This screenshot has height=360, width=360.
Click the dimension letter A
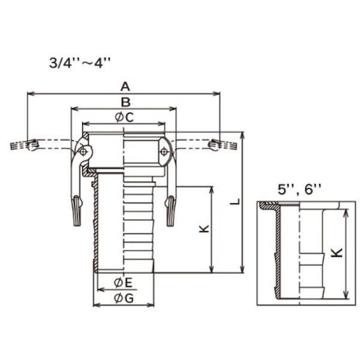(x=125, y=87)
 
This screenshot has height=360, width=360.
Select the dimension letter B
(x=126, y=102)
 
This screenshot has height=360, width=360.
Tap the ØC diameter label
(x=124, y=118)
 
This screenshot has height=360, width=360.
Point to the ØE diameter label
(x=123, y=283)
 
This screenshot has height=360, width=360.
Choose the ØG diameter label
(x=124, y=298)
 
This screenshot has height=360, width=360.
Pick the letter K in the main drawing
(x=204, y=229)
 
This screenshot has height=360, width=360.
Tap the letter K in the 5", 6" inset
(x=338, y=253)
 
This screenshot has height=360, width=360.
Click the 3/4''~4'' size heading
(x=80, y=62)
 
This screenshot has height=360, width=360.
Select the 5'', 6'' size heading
(x=299, y=190)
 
